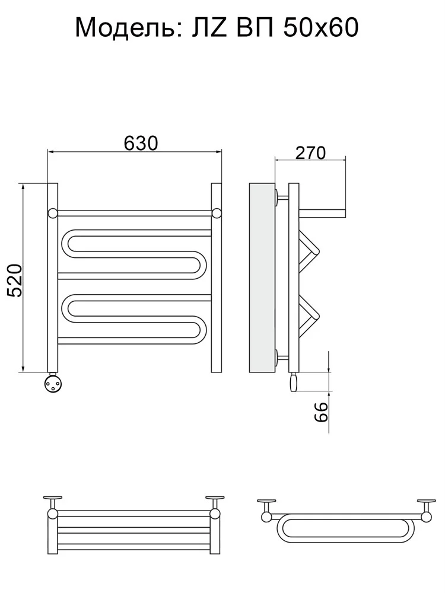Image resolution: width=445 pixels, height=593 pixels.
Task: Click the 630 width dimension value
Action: [141, 143]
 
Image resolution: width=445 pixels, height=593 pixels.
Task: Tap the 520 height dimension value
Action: [15, 280]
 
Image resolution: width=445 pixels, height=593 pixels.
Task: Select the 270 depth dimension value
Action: [310, 153]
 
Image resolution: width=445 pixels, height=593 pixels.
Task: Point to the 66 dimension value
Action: [320, 412]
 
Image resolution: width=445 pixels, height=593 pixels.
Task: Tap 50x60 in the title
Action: [321, 28]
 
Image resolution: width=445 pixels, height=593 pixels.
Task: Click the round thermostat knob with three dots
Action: [53, 382]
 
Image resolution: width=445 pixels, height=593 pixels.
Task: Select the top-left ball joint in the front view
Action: [53, 213]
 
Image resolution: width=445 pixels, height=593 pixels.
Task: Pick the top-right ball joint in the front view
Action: [217, 213]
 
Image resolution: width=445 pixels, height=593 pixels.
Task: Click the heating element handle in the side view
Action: [294, 382]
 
